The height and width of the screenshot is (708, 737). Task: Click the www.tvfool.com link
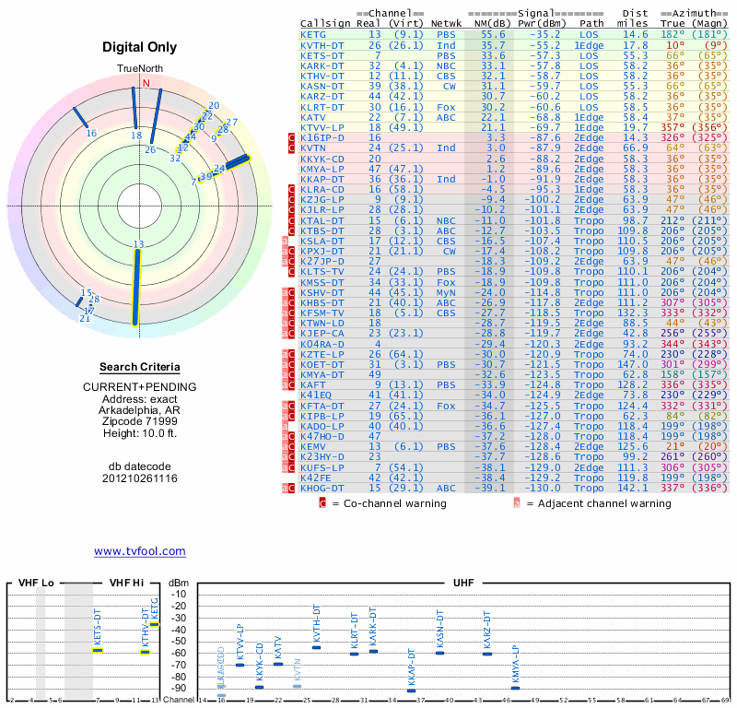(x=139, y=551)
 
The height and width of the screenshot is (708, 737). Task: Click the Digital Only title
(x=139, y=47)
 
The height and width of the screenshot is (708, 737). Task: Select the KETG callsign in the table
(x=313, y=33)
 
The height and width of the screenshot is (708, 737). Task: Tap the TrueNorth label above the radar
(x=139, y=69)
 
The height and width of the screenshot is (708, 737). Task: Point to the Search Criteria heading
(x=139, y=367)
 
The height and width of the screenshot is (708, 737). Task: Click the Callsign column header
(x=322, y=22)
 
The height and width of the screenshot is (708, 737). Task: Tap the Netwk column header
(x=446, y=22)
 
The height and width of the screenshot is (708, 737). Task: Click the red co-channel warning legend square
(x=322, y=503)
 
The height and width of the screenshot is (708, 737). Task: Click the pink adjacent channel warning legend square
(x=517, y=503)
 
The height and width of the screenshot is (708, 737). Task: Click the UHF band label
(x=464, y=584)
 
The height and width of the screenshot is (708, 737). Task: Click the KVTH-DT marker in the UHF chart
(x=316, y=647)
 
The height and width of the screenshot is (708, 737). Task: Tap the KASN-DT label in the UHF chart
(x=439, y=630)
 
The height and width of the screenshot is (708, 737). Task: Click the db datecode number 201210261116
(x=139, y=478)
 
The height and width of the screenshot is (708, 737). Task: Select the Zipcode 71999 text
(x=139, y=419)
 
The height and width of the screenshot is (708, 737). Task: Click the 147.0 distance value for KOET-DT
(x=628, y=366)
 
